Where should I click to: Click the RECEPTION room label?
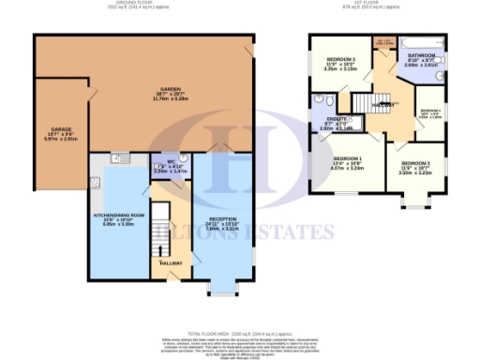click(x=222, y=220)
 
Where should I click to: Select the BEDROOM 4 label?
click(x=429, y=110)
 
